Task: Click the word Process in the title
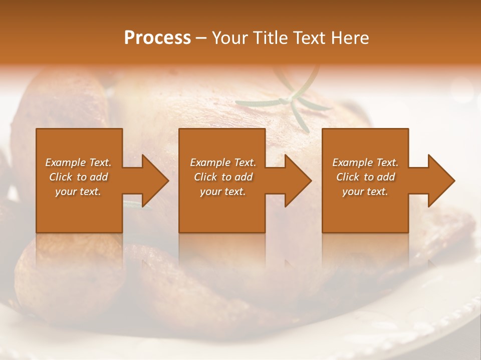pyautogui.click(x=157, y=38)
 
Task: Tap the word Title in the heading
pyautogui.click(x=271, y=38)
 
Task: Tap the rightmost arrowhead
pyautogui.click(x=453, y=180)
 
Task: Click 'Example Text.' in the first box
pyautogui.click(x=78, y=162)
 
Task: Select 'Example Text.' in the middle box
pyautogui.click(x=222, y=162)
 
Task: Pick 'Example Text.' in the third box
pyautogui.click(x=365, y=162)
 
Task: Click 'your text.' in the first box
pyautogui.click(x=78, y=191)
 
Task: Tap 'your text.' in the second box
pyautogui.click(x=222, y=191)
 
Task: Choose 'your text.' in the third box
pyautogui.click(x=365, y=191)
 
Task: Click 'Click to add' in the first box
pyautogui.click(x=78, y=177)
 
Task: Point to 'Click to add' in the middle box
pyautogui.click(x=222, y=177)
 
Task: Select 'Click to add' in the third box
pyautogui.click(x=365, y=177)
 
